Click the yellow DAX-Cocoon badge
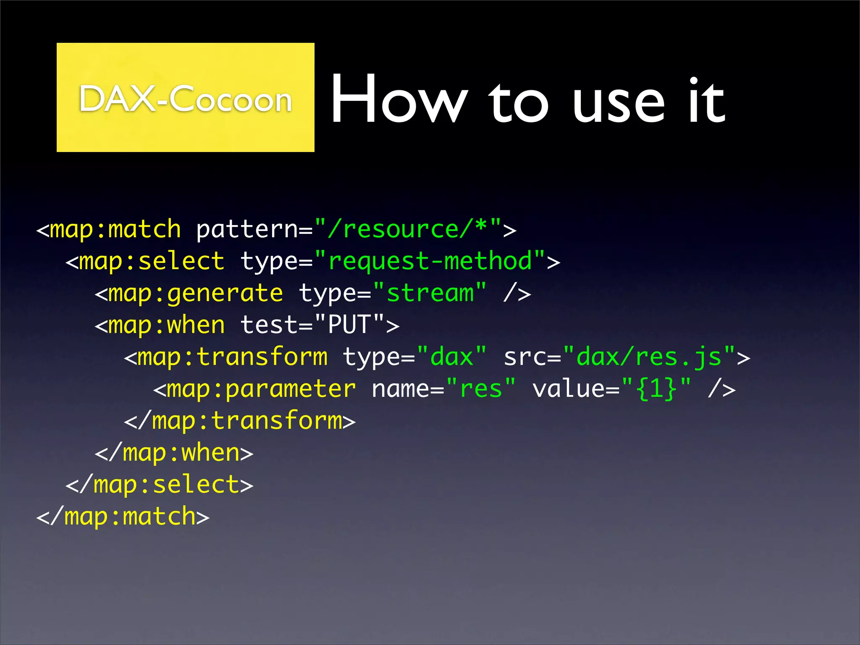pyautogui.click(x=185, y=97)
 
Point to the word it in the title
pyautogui.click(x=706, y=101)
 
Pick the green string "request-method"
pyautogui.click(x=430, y=261)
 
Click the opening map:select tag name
pyautogui.click(x=152, y=261)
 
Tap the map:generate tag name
pyautogui.click(x=195, y=293)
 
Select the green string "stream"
pyautogui.click(x=430, y=293)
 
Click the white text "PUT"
pyautogui.click(x=349, y=325)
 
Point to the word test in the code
pyautogui.click(x=269, y=325)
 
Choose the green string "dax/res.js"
pyautogui.click(x=649, y=357)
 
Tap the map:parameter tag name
pyautogui.click(x=261, y=389)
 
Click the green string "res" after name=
pyautogui.click(x=481, y=389)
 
